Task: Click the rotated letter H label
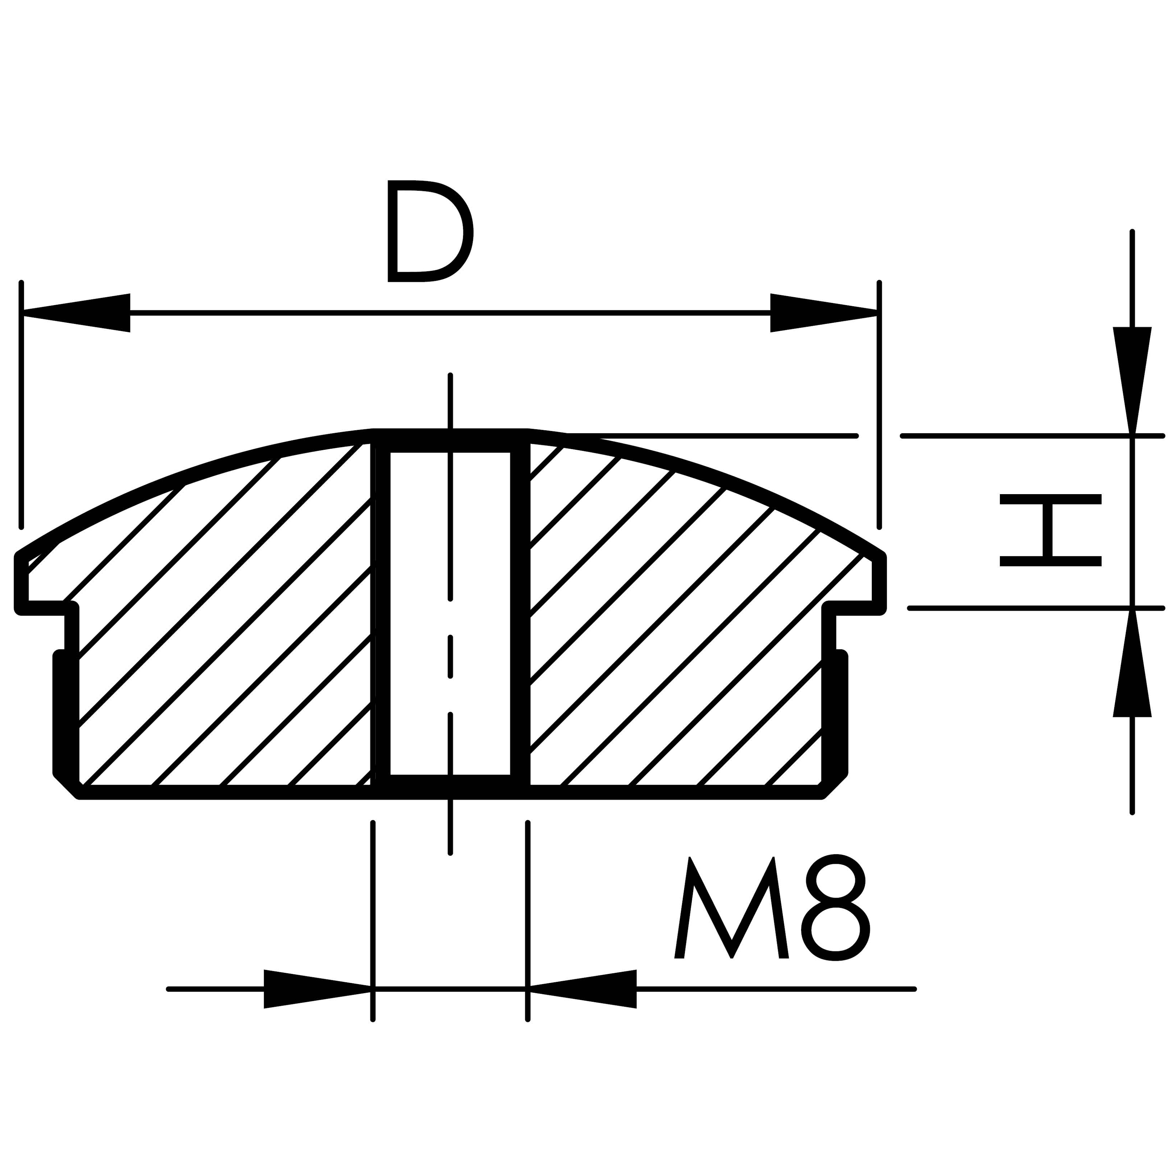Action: pyautogui.click(x=1050, y=530)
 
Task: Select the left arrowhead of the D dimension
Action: pyautogui.click(x=76, y=313)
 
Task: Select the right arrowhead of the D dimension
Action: pyautogui.click(x=824, y=313)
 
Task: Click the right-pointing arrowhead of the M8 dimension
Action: pyautogui.click(x=318, y=989)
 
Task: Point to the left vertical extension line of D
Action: pyautogui.click(x=21, y=405)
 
